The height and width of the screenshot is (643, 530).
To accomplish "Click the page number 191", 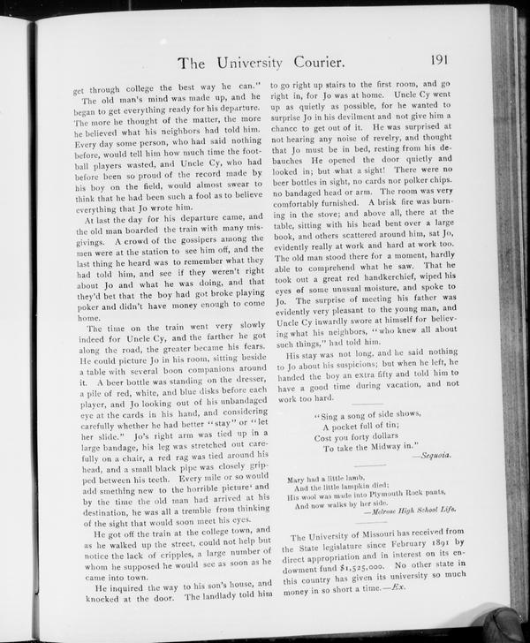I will pyautogui.click(x=443, y=60).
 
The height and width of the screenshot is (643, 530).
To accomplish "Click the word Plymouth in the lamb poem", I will pyautogui.click(x=381, y=495).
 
